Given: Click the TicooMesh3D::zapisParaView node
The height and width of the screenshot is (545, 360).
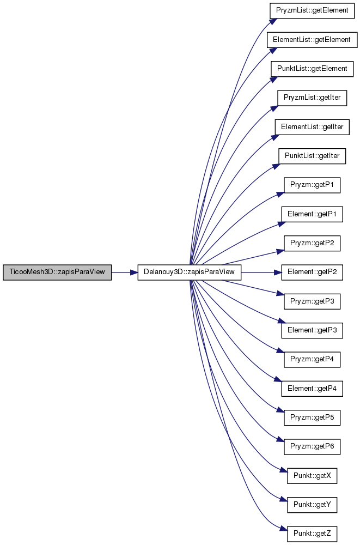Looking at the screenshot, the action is coord(57,272).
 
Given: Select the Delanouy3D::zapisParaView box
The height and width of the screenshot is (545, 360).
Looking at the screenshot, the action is coord(190,272).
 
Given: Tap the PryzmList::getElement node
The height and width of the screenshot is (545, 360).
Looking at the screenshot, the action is coord(312,10).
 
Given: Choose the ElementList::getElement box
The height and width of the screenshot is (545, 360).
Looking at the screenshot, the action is coord(312,40).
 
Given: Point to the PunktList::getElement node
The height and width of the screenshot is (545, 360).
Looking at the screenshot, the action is coord(312,69).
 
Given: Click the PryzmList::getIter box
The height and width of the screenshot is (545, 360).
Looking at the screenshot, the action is coord(312,98).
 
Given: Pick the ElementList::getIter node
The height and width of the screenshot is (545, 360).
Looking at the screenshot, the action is coord(312,127).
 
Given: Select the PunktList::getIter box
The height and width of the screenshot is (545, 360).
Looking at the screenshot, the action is coord(312,156).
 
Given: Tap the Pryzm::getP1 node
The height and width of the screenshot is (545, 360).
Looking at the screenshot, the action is coord(312,185).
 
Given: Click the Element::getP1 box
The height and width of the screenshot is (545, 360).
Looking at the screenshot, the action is coord(312,214).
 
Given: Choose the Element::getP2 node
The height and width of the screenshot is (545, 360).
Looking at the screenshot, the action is coord(312,272).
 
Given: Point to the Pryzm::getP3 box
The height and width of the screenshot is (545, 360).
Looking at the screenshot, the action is coord(312,301).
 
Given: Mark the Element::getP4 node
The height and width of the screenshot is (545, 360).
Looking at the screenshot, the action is coord(312,389).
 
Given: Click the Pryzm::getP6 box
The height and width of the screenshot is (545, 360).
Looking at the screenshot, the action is coord(312,447).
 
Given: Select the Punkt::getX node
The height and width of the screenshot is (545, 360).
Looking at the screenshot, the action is coord(312,476).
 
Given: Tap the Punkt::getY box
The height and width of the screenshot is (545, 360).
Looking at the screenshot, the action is coord(312,505).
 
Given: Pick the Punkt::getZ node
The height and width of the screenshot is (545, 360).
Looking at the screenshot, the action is coord(312,534).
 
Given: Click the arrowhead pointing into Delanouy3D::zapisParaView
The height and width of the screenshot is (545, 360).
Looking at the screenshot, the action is coord(134,272).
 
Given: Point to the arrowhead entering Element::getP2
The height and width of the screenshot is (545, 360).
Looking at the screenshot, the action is coord(278,272).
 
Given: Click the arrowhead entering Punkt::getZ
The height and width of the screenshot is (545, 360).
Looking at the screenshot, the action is coord(284,530).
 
